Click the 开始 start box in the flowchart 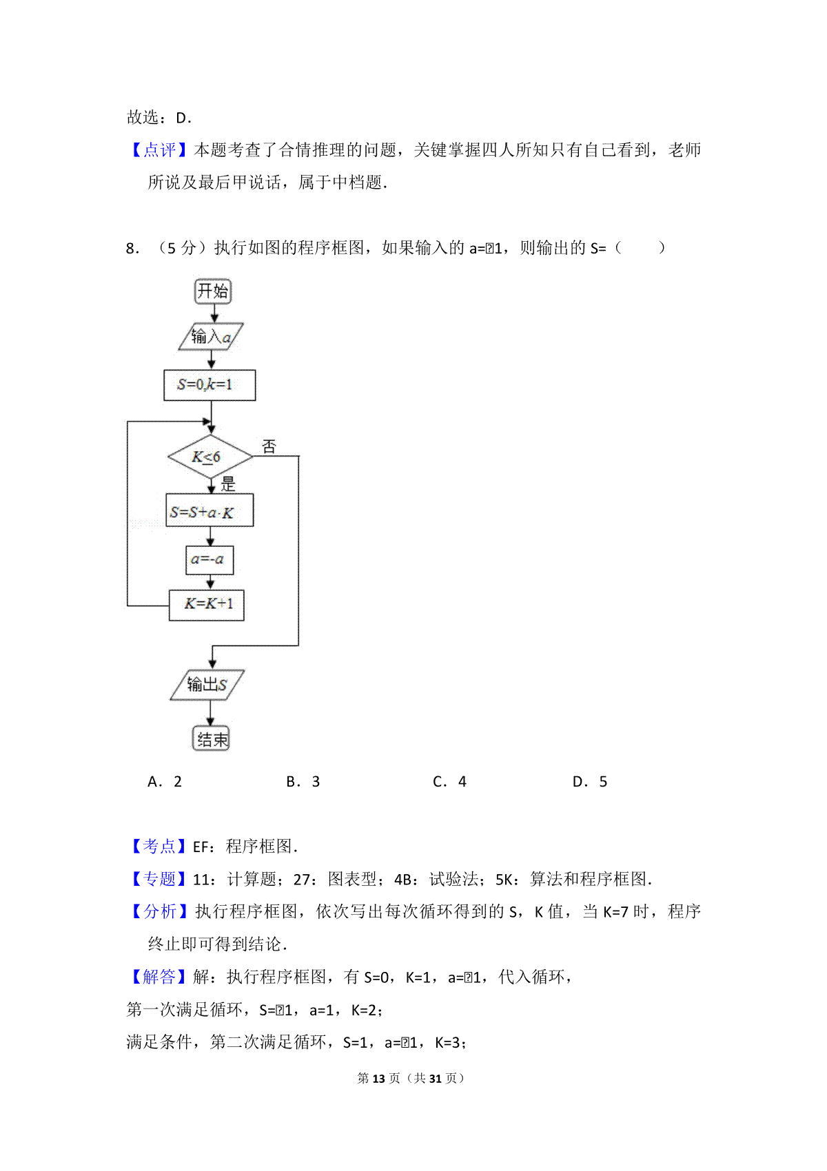pos(213,291)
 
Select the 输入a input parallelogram pos(211,336)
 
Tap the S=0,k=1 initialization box pos(210,385)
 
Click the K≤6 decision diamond pos(210,457)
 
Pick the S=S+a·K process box pos(210,510)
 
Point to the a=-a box pos(210,560)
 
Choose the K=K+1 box pos(207,605)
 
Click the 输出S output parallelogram pos(207,685)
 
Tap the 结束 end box pos(212,738)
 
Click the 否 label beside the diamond pos(269,446)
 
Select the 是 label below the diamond pos(227,484)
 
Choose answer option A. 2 pos(164,782)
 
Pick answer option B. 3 pos(303,782)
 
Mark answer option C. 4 pos(449,782)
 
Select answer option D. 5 pos(589,782)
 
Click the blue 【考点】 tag pos(159,847)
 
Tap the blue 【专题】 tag pos(159,880)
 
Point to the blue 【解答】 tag pos(159,977)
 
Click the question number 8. pos(132,248)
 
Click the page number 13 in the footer pos(379,1079)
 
